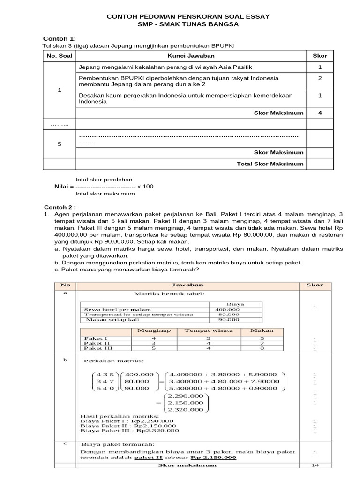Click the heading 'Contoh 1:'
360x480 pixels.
(x=60, y=38)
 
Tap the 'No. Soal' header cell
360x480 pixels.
(x=60, y=56)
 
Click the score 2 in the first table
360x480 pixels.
(x=319, y=78)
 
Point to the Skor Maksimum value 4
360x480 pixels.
(x=319, y=112)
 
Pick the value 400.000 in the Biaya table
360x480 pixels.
(x=227, y=310)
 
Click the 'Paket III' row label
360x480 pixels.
(x=95, y=349)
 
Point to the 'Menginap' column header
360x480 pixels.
(x=154, y=330)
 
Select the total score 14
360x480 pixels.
(x=315, y=465)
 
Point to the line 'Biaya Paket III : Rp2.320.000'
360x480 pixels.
(x=130, y=430)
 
